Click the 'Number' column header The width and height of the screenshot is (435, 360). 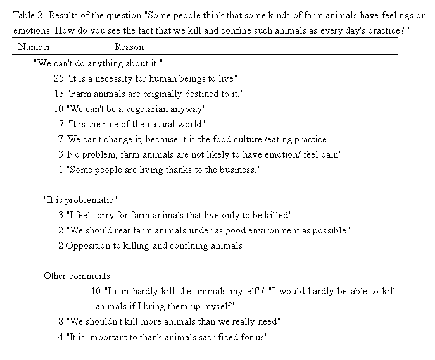[34, 47]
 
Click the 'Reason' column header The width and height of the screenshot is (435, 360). [129, 47]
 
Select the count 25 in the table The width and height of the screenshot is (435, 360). [59, 78]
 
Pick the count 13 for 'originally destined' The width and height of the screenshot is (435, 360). [59, 94]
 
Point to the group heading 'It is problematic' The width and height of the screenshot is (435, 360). [80, 200]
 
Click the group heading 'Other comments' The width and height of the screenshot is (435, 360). [77, 276]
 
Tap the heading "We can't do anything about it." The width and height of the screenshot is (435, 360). [98, 63]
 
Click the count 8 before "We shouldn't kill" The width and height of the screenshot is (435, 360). [61, 321]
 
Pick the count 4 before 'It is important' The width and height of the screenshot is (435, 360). [61, 337]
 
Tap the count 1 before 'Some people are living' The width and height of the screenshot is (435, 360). [61, 170]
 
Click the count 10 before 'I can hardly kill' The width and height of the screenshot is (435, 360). [96, 291]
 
